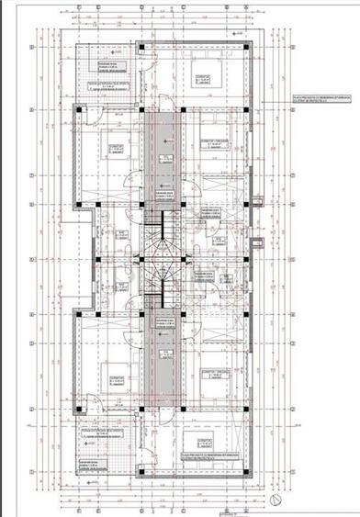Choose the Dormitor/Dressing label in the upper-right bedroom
click(x=213, y=140)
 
